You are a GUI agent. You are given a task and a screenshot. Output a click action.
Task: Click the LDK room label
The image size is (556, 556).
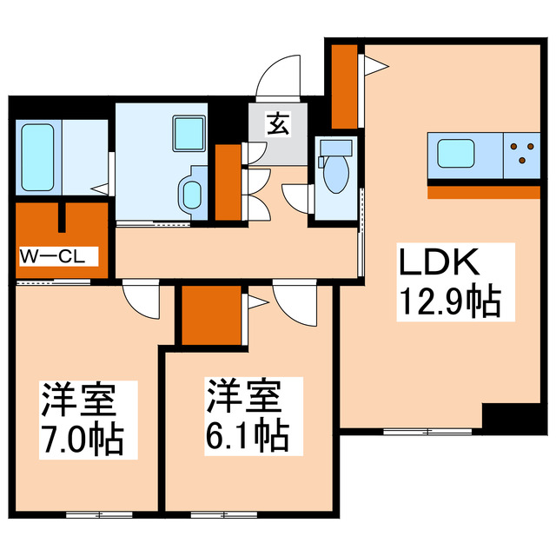coord(438,262)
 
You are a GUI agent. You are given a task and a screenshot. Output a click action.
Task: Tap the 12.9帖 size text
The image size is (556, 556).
coord(448,302)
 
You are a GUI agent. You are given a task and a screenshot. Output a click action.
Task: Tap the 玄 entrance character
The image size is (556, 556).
coord(277,125)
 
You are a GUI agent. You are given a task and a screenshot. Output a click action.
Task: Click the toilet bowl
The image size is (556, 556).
coord(334,171)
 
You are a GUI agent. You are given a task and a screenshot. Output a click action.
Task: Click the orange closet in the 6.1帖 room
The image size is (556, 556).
coord(212,314)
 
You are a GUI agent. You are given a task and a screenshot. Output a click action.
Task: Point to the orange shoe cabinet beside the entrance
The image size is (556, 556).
coord(228,182)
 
